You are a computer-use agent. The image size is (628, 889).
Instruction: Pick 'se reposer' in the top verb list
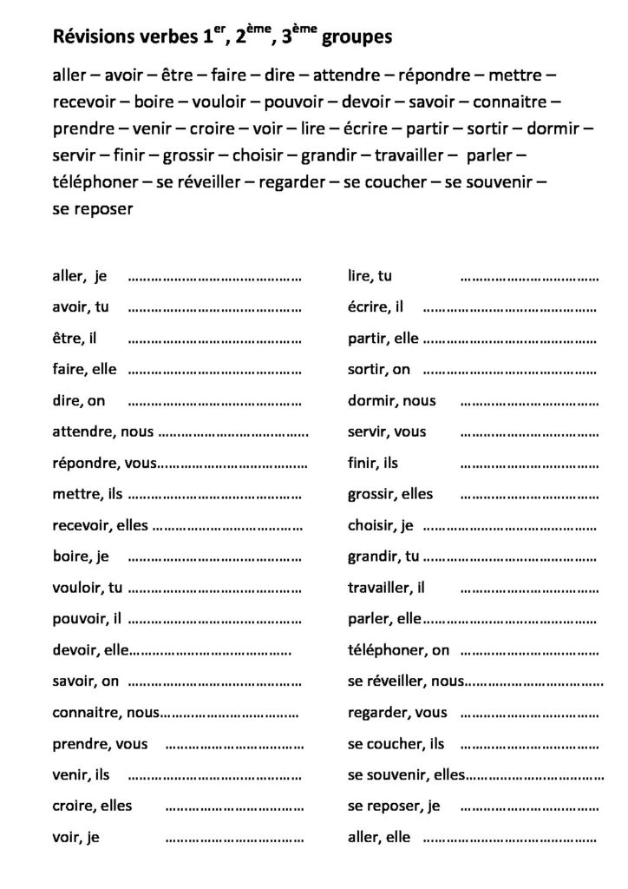(x=91, y=209)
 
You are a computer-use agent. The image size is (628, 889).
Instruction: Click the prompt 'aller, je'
(x=79, y=277)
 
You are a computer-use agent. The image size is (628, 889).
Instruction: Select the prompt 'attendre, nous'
(x=102, y=431)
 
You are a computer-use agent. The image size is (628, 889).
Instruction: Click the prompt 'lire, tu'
(x=370, y=277)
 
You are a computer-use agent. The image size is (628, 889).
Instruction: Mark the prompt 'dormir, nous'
(x=392, y=401)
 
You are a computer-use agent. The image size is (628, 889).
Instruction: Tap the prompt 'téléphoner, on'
(x=399, y=649)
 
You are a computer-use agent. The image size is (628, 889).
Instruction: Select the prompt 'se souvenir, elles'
(x=407, y=774)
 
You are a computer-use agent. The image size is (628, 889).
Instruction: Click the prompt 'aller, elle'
(x=379, y=837)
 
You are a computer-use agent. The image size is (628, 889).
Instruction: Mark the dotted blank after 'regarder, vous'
(x=529, y=714)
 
